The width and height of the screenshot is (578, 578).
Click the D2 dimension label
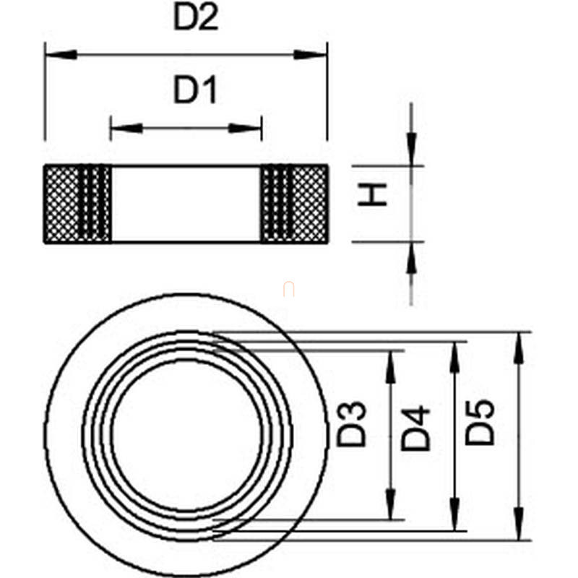196,17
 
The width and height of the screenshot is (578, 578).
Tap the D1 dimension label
194,90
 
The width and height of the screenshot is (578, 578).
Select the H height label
372,194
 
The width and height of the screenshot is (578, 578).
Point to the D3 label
352,424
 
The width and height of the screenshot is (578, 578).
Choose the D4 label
415,428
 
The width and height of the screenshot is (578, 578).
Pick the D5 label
479,422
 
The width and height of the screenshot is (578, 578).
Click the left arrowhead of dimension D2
61,55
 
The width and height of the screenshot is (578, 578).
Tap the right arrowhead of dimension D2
310,55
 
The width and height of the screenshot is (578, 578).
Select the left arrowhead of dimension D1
126,129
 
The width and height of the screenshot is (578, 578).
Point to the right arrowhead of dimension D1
245,129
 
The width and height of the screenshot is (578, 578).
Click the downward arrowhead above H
411,150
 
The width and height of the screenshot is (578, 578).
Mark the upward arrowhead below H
411,258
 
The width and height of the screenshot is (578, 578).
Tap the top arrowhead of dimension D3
390,367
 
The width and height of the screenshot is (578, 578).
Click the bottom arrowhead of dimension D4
455,514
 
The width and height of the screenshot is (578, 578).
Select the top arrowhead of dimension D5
519,348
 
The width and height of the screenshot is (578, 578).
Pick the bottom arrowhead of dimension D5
519,524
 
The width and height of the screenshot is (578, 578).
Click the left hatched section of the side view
78,204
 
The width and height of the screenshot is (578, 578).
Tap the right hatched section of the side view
294,204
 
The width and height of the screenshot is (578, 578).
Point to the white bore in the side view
186,204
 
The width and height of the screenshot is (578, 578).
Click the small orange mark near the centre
288,289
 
